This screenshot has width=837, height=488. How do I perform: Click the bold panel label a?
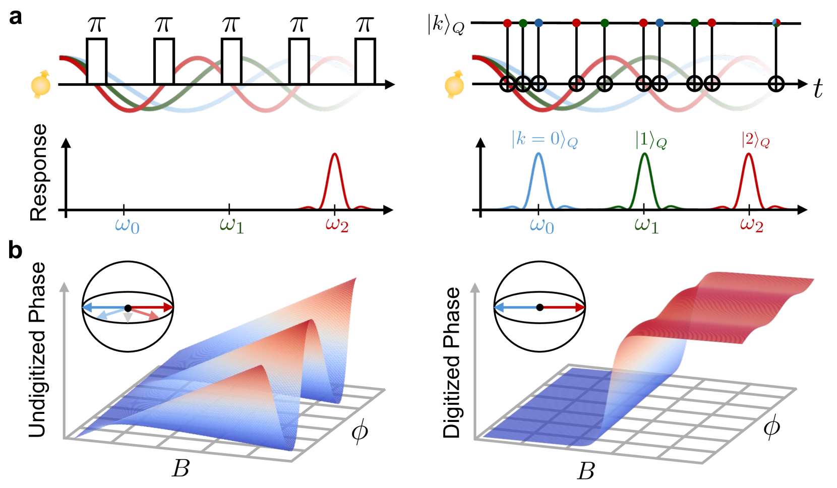16,18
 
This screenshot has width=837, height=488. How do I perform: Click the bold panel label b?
16,250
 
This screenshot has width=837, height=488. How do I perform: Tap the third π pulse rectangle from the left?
231,61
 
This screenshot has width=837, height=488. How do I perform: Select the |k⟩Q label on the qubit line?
445,24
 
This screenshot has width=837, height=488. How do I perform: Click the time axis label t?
818,89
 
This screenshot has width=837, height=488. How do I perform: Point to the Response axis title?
39,172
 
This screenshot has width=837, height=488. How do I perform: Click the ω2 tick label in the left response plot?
337,225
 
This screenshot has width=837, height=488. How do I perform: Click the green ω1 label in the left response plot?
231,225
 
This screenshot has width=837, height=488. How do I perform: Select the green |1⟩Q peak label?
650,140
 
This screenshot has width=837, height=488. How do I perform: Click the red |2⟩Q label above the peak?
755,140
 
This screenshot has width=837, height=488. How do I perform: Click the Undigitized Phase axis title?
37,350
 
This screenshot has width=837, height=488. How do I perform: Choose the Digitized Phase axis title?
451,362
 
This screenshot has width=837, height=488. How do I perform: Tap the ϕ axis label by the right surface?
771,428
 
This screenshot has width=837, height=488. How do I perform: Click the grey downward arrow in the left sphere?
128,318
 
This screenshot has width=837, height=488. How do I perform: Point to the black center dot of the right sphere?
540,307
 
